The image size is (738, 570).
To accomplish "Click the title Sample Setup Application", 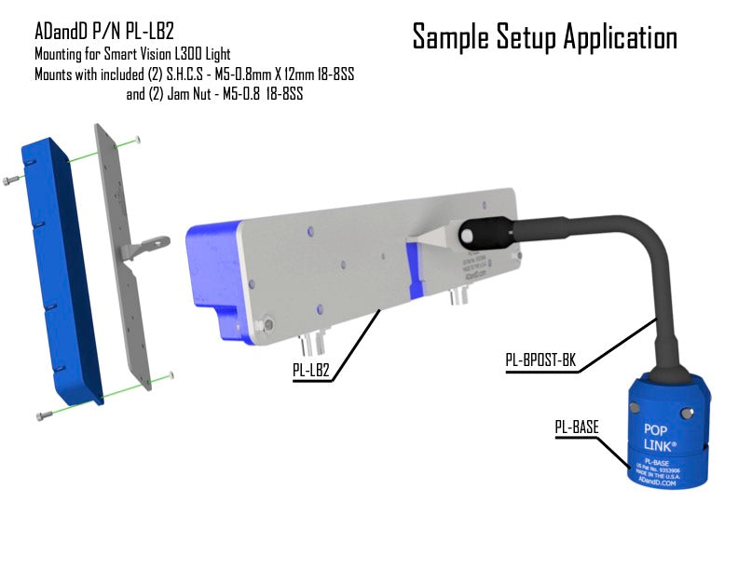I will click(544, 37).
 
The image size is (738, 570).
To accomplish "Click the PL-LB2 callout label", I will click(311, 370).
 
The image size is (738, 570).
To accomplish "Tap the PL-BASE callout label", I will click(576, 427).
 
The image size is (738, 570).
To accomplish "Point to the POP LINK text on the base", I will click(662, 437).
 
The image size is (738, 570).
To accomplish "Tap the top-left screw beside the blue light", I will click(10, 179).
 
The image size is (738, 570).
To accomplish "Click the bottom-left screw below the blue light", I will click(41, 414).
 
